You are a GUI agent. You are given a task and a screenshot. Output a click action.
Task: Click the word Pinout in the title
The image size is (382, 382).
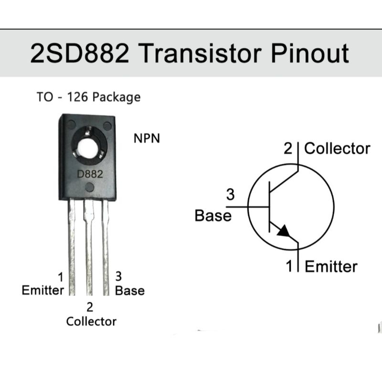(x=310, y=54)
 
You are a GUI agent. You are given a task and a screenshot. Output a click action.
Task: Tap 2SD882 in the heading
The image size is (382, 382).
(x=79, y=54)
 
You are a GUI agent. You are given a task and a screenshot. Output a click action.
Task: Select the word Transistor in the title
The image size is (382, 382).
(x=201, y=54)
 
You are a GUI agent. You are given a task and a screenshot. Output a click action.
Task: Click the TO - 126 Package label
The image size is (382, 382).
(x=89, y=97)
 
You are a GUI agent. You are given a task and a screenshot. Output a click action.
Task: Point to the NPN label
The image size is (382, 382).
(x=147, y=139)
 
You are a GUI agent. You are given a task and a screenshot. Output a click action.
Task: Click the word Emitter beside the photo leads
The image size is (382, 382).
(x=43, y=290)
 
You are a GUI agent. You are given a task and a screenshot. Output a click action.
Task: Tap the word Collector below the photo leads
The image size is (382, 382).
(x=91, y=321)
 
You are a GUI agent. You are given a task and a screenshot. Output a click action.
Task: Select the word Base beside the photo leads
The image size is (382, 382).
(x=129, y=290)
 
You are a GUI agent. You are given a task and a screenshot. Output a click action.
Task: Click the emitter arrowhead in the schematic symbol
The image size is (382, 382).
(x=283, y=231)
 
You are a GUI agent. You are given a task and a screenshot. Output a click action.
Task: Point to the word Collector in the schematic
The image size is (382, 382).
(x=337, y=149)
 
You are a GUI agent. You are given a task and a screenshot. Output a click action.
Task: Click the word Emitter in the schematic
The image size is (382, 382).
(x=331, y=266)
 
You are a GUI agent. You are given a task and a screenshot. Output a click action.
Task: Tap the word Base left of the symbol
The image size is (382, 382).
(x=213, y=216)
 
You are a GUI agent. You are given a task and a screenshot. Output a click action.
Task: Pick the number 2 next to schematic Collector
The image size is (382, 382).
(x=287, y=149)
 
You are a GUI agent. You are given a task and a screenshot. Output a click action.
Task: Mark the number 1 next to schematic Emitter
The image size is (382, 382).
(x=289, y=266)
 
